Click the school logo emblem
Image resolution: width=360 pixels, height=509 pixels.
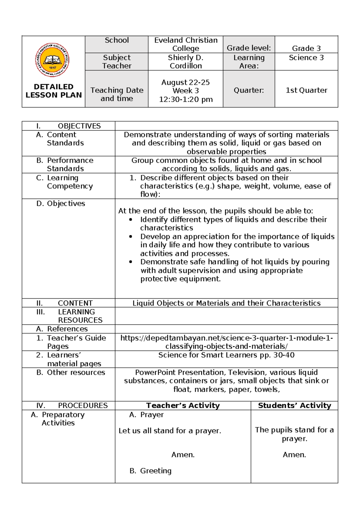pos(52,60)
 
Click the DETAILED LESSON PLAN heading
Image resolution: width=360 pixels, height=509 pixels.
pos(53,91)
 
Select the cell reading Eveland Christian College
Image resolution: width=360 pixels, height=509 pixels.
pos(186,44)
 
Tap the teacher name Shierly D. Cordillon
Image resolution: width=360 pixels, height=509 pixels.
pos(186,62)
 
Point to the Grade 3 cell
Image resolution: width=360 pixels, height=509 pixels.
pos(306,48)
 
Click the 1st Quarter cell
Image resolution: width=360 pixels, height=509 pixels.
pos(306,90)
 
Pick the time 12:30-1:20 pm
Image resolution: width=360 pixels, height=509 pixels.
pos(186,99)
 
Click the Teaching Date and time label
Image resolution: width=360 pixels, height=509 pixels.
pos(117,94)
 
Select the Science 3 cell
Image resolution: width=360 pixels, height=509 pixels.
pos(306,58)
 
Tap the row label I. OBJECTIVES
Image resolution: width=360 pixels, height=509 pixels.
pos(68,126)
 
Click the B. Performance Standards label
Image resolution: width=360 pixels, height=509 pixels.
pos(65,164)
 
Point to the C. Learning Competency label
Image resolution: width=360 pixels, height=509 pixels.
pos(64,182)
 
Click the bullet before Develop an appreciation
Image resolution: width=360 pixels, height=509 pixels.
pos(130,236)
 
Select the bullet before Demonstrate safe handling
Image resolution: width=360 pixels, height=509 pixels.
pos(130,262)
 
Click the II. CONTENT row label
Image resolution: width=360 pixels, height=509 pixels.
pos(64,303)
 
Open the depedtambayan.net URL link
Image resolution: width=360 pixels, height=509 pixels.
pos(226,342)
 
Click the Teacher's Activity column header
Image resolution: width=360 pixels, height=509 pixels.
pos(183,406)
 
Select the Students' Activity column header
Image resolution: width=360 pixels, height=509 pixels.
pos(294,406)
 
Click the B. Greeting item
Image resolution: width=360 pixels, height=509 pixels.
pos(151,471)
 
